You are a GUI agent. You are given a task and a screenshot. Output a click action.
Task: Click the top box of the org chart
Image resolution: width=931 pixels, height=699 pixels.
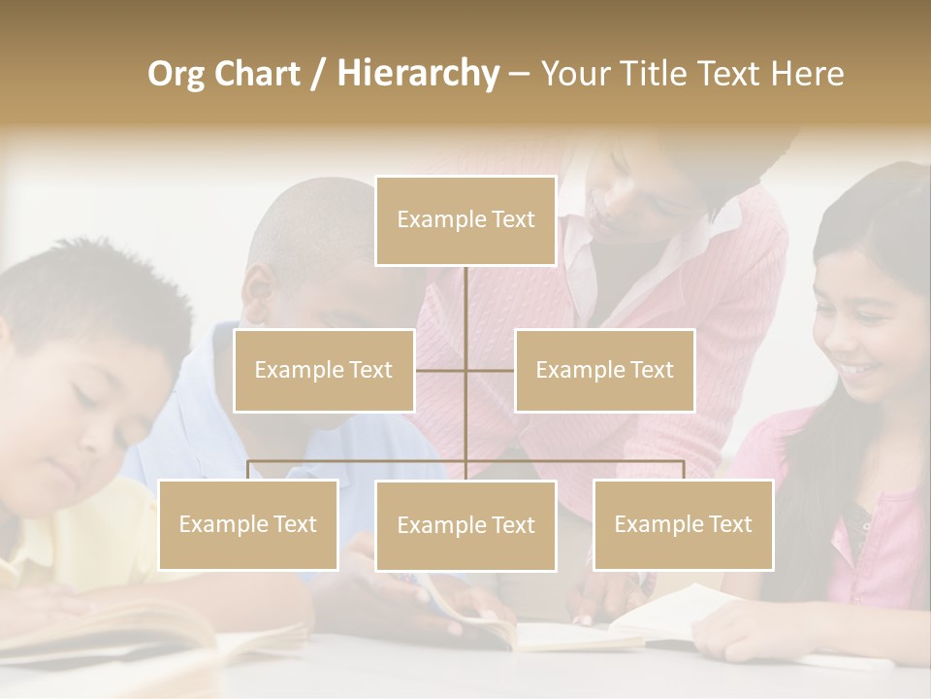point(465,220)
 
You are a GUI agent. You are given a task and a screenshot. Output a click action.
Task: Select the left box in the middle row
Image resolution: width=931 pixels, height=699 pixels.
point(324,370)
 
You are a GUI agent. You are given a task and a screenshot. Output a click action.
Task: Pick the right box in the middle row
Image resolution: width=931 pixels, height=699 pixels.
point(604,370)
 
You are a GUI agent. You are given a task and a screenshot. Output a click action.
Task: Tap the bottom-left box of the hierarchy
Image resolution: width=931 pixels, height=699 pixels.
point(248,524)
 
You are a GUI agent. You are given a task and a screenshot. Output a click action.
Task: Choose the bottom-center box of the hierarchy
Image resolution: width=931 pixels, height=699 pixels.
point(465,525)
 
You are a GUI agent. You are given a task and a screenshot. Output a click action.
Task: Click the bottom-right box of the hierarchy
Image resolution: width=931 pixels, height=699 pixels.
point(683,524)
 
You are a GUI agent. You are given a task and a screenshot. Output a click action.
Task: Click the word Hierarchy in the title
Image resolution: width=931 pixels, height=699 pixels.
point(417,73)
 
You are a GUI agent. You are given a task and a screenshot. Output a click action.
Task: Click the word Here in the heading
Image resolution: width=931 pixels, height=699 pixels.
point(807,73)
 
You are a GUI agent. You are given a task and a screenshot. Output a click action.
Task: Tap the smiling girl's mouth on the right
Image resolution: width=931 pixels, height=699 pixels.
point(859,369)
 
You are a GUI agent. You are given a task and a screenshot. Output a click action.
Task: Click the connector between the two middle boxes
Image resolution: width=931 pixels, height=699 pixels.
point(465,370)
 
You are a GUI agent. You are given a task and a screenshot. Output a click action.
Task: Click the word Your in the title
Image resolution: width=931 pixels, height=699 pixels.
point(576,73)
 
